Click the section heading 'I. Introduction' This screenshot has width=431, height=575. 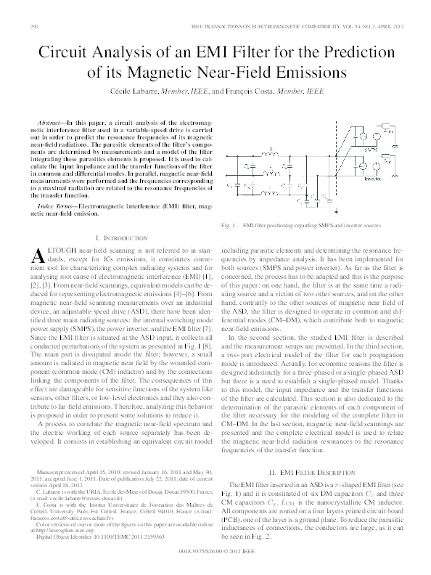coord(120,237)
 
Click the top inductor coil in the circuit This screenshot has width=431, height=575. coord(269,153)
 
